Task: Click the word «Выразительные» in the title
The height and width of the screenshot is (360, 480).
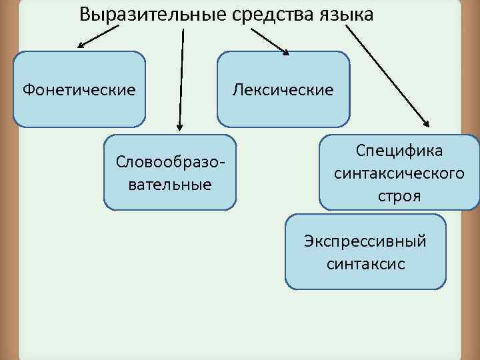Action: [141, 14]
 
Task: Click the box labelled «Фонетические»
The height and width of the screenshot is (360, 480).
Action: [79, 89]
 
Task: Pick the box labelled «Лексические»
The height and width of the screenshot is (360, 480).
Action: [283, 89]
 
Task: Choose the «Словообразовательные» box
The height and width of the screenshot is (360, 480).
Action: [170, 172]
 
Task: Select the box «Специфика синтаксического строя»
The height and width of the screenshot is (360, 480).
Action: [399, 173]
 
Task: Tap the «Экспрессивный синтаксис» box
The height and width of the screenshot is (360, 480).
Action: [365, 251]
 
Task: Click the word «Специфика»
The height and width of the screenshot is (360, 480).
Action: [399, 151]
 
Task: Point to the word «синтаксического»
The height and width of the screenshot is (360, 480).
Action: [399, 174]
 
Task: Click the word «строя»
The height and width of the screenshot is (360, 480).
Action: [399, 197]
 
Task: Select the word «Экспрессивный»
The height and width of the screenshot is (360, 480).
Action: [365, 240]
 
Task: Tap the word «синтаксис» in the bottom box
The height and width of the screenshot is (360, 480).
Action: [365, 263]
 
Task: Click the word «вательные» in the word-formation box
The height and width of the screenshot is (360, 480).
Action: [170, 184]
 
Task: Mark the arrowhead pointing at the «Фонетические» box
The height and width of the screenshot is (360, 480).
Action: [81, 46]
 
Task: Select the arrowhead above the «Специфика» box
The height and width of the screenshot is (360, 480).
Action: [426, 123]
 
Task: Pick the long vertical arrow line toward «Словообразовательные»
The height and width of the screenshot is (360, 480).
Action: [180, 73]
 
